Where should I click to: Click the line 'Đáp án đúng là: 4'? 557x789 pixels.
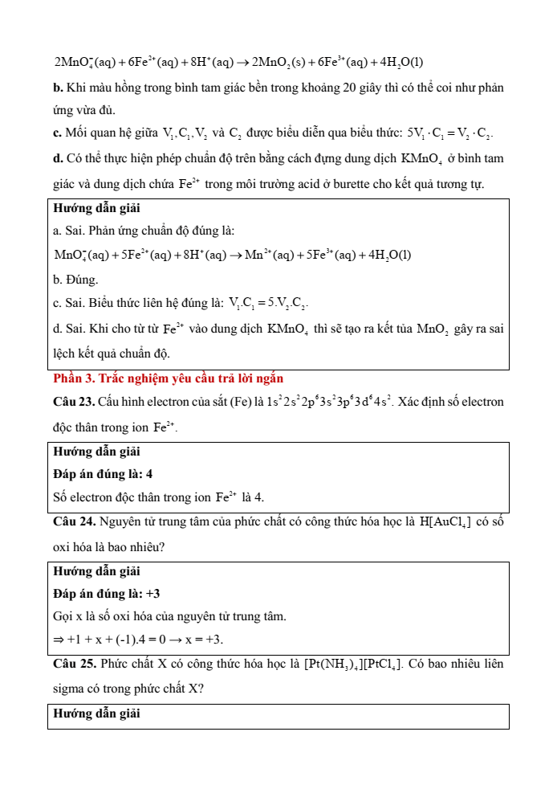point(103,474)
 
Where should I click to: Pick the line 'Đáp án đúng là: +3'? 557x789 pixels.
point(107,594)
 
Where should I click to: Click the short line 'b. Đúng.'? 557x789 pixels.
point(75,280)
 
